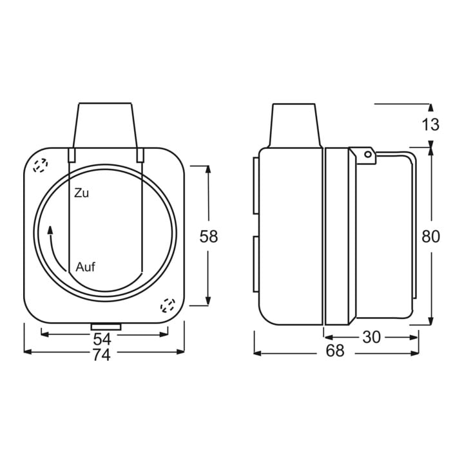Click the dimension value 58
(209, 236)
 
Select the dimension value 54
(102, 339)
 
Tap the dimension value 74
(102, 355)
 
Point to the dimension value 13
(430, 124)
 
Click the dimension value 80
(430, 237)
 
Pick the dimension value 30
(371, 337)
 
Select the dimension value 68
(335, 351)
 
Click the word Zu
(81, 193)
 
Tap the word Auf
(86, 267)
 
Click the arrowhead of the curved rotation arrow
(50, 230)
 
